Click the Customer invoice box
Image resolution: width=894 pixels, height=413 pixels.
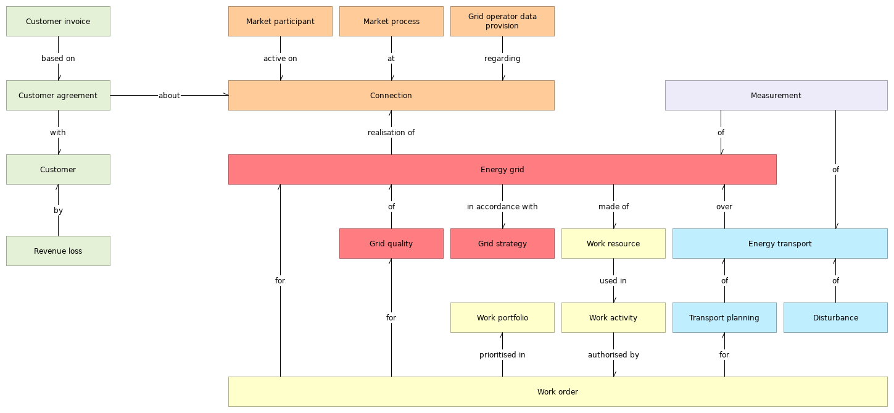[x=58, y=22]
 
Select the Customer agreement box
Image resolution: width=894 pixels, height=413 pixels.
[x=58, y=96]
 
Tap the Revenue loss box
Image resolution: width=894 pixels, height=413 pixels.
[x=58, y=251]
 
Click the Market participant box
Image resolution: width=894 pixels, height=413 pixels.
[x=280, y=22]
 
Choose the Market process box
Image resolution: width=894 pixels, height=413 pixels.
[x=391, y=22]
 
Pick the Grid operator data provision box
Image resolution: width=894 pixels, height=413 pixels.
[x=502, y=22]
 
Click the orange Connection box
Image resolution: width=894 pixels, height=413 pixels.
[x=391, y=96]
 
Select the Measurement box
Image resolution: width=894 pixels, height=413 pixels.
[x=776, y=96]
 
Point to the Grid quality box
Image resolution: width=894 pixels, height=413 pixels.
[x=391, y=244]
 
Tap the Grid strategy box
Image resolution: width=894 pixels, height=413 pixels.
[x=502, y=244]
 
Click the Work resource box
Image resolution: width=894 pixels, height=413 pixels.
[x=613, y=244]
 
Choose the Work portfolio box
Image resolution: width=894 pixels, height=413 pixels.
[x=502, y=318]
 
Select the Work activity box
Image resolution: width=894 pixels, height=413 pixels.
[x=613, y=318]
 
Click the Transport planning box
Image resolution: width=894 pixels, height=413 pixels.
[x=724, y=318]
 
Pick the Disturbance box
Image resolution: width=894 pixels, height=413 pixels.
[x=835, y=318]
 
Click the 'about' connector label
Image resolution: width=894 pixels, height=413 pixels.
[x=169, y=96]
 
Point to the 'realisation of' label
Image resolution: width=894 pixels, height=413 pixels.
[x=391, y=133]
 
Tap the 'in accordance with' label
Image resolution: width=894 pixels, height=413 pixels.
[x=502, y=207]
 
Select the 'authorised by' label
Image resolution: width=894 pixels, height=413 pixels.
[x=613, y=355]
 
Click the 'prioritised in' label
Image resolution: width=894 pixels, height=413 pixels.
[x=502, y=355]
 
